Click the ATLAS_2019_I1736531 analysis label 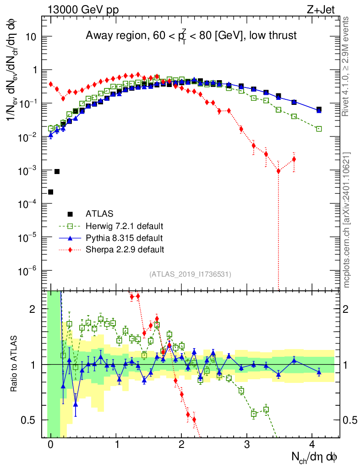click(x=190, y=274)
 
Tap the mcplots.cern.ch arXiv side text click(x=347, y=219)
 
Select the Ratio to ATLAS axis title click(x=15, y=364)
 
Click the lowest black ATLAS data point click(x=50, y=191)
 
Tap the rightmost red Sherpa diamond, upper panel click(x=294, y=159)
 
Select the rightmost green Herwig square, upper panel click(x=319, y=129)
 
